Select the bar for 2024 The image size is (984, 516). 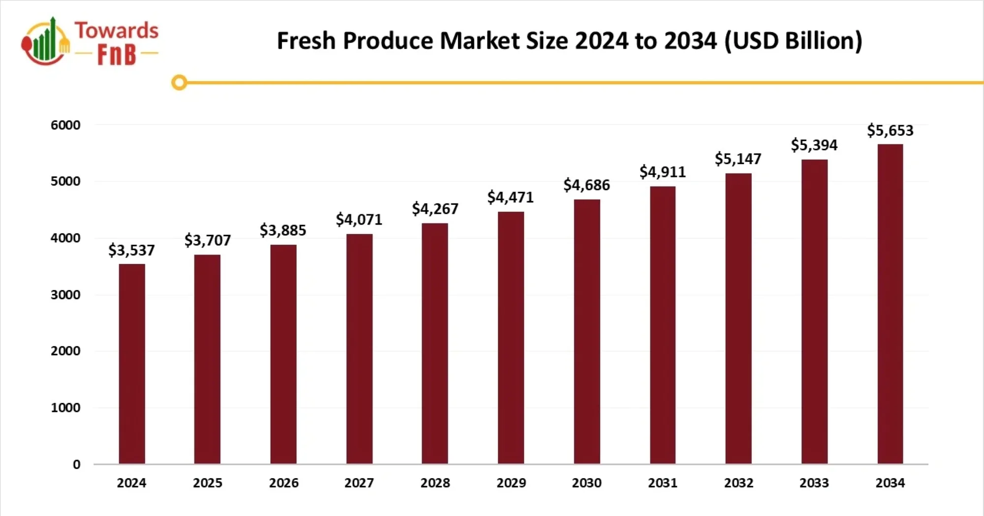coord(132,364)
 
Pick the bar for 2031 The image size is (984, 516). coord(662,325)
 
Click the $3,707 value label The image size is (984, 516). coord(207,240)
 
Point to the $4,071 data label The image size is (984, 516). coord(359,219)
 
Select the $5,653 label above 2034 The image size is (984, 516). coord(890,130)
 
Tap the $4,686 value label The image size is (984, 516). coord(586,185)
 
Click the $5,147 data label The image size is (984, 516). coord(738,159)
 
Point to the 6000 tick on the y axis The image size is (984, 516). coord(65,125)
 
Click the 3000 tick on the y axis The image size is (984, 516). coord(65,295)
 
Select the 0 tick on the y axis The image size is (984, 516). coord(76,464)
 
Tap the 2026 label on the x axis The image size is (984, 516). coord(283,483)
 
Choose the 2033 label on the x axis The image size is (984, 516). coord(814,483)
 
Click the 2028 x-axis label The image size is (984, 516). coord(435,483)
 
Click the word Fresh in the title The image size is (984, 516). coord(306,41)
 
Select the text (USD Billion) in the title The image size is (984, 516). coord(793,41)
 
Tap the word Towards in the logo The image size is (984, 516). coord(117,30)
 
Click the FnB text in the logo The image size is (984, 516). coord(117,54)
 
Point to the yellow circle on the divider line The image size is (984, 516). coord(179,82)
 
